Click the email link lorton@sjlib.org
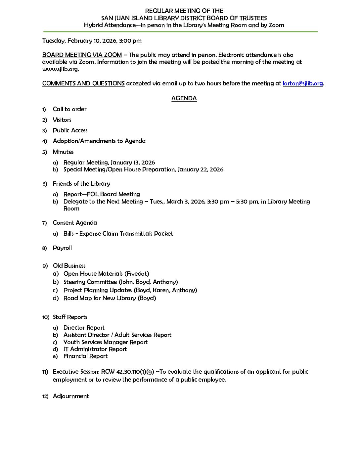[302, 83]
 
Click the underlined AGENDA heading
[184, 98]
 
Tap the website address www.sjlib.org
[60, 69]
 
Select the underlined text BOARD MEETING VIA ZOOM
[82, 55]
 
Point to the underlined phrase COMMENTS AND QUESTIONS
[83, 83]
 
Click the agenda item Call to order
[69, 109]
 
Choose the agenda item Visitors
[62, 120]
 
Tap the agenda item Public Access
[70, 130]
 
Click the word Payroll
[62, 248]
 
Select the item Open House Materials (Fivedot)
[106, 274]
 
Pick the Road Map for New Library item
[110, 298]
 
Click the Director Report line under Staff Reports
[84, 328]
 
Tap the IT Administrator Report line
[95, 349]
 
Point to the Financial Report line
[85, 356]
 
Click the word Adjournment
[71, 396]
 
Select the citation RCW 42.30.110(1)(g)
[127, 372]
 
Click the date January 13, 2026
[133, 163]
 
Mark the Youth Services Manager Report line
[106, 342]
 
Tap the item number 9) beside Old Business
[45, 266]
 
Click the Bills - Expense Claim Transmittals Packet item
[118, 234]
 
